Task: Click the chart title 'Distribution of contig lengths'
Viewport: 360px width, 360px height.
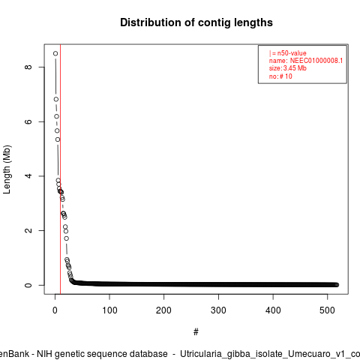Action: pos(196,22)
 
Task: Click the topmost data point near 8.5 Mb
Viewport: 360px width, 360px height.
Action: pos(55,53)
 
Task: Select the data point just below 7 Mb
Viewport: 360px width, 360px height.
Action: pos(56,99)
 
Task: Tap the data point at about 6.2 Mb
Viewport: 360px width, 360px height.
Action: pos(56,116)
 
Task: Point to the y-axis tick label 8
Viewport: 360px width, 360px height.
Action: pos(28,67)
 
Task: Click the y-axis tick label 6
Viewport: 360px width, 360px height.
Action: pos(28,121)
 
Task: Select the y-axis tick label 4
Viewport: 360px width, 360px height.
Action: pos(28,176)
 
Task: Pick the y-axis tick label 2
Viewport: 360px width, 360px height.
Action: pos(28,230)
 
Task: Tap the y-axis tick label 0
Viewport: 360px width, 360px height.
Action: pos(28,285)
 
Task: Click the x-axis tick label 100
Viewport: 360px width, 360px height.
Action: pos(109,310)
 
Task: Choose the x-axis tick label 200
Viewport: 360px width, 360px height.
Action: pos(163,310)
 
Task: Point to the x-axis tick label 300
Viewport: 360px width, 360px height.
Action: pos(218,310)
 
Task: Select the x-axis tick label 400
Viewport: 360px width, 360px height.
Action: pos(273,310)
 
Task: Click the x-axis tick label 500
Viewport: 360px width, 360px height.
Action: pos(327,310)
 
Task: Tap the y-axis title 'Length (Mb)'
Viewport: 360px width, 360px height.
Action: pos(7,169)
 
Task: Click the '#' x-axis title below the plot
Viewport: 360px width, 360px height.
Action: pos(196,332)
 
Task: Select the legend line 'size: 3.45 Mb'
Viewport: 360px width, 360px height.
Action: pos(288,68)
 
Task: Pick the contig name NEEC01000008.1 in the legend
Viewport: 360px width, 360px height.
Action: pos(316,61)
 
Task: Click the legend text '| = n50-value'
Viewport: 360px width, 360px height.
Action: pos(288,53)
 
